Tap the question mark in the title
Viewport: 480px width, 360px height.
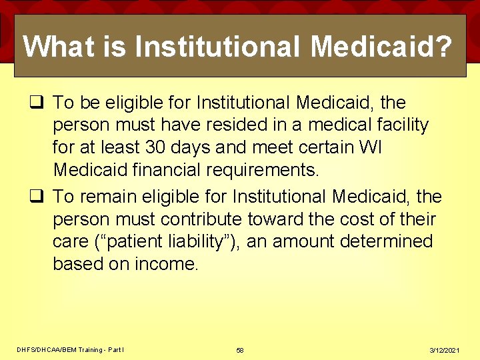tap(444, 47)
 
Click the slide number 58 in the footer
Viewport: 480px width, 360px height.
tap(240, 350)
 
